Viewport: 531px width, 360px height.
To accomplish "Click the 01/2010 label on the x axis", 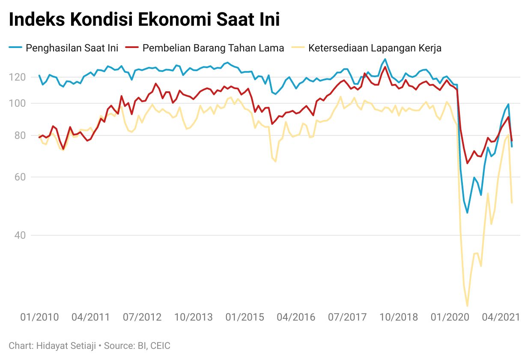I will point(40,318).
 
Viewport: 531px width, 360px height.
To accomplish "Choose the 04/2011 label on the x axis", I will point(90,318).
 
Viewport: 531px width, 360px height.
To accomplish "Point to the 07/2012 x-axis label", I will point(142,318).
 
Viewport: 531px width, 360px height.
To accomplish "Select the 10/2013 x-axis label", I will point(193,318).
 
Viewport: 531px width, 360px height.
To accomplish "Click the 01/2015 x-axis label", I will point(245,318).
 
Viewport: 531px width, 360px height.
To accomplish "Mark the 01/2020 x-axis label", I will point(449,318).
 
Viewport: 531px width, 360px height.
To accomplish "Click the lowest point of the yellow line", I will point(467,306).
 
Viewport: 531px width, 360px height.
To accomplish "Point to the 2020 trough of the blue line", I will point(467,213).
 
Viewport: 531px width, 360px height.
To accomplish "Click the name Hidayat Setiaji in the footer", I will point(63,345).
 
